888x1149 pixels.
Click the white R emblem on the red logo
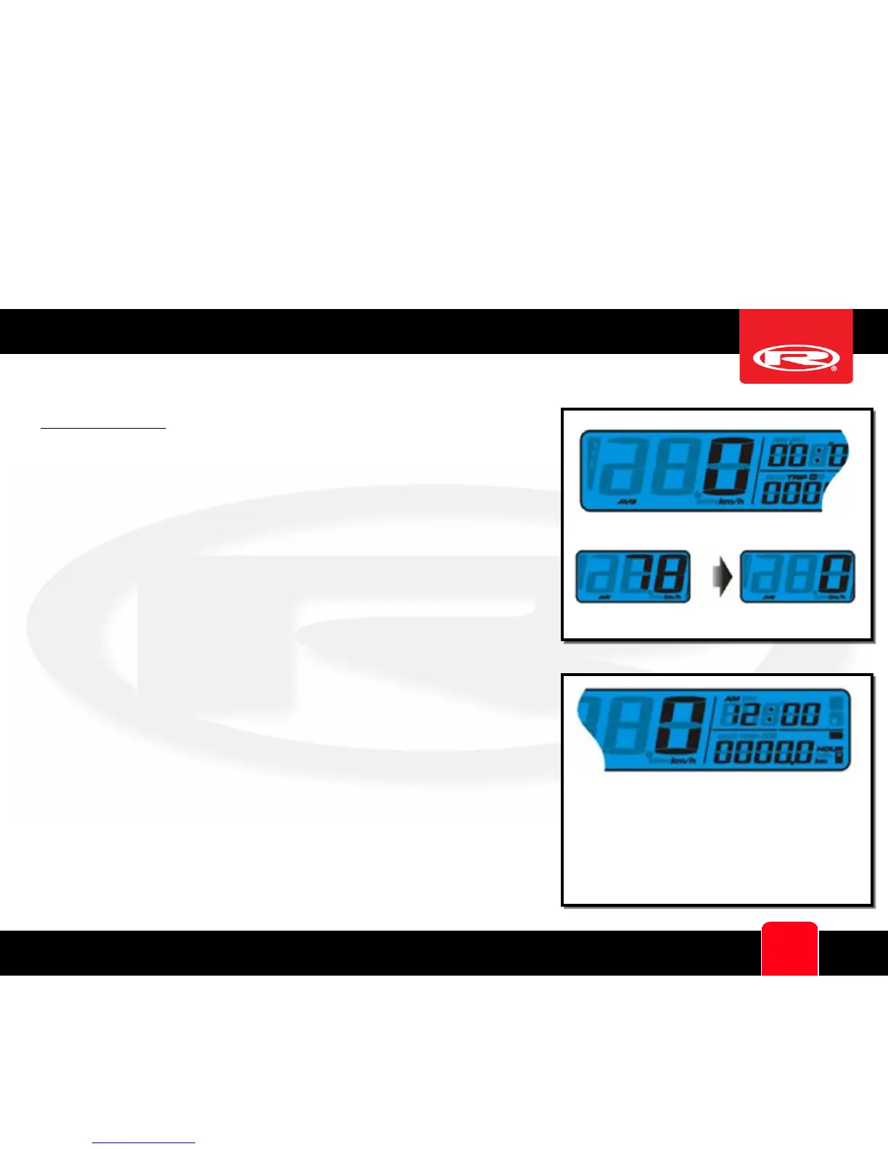click(x=796, y=358)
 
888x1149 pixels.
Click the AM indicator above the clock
click(x=732, y=698)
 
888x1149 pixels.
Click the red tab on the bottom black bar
click(x=789, y=948)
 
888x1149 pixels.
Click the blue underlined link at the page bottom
click(x=144, y=1142)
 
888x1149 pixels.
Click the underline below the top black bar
click(x=103, y=429)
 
